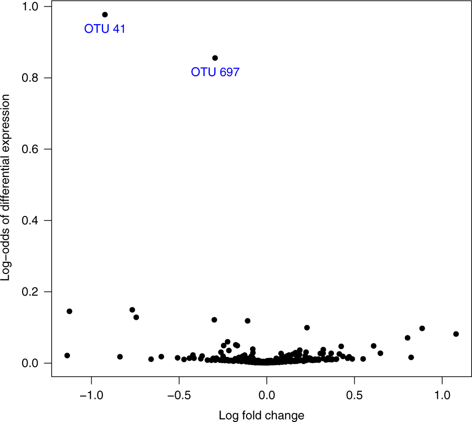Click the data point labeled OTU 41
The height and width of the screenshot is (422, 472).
coord(105,14)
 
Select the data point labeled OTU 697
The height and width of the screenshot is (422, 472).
coord(215,58)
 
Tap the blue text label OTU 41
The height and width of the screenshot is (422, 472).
coord(105,29)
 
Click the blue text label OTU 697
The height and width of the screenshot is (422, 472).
coord(215,72)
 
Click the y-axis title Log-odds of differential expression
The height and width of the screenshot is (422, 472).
coord(7,188)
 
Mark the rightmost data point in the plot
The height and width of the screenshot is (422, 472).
coord(456,334)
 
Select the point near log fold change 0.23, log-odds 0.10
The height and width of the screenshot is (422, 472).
coord(307,327)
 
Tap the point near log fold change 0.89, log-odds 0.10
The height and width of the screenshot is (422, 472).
coord(422,328)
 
